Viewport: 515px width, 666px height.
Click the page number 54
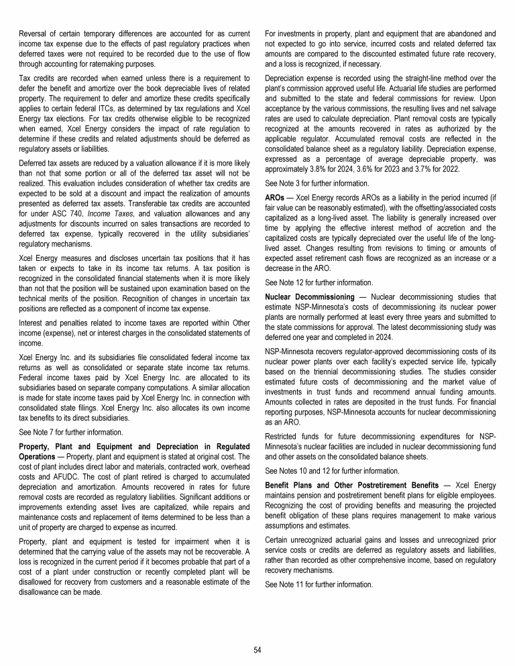(257, 649)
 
